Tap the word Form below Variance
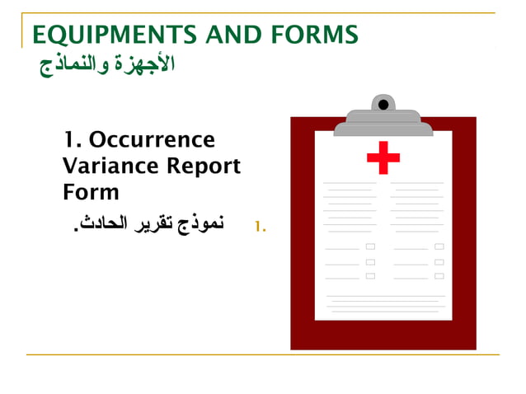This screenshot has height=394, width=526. pos(91,192)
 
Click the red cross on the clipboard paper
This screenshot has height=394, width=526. pos(383,157)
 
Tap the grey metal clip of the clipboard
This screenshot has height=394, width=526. pos(383,124)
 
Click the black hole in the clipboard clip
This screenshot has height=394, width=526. pos(383,105)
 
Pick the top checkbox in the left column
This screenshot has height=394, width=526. pos(370,246)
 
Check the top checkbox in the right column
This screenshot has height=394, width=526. pos(439,246)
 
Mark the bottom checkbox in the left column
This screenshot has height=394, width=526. pos(370,276)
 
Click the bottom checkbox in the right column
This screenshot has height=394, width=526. pos(439,276)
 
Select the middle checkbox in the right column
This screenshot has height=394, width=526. pos(439,262)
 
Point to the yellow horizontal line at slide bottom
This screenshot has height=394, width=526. pos(263,355)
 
